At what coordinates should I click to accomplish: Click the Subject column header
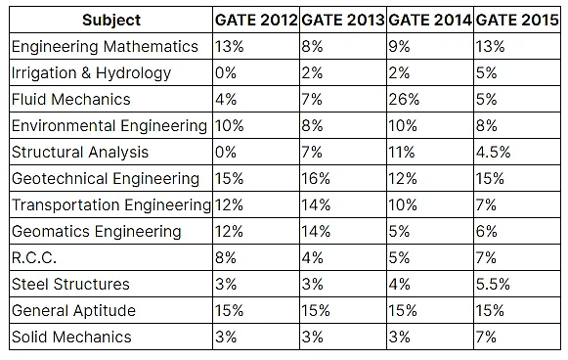point(110,20)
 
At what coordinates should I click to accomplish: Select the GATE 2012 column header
point(255,20)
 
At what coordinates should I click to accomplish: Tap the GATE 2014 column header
point(430,20)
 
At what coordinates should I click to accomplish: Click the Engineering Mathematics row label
point(104,46)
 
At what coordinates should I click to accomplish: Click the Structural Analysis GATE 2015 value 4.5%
point(495,152)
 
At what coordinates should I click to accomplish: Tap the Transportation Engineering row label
point(109,204)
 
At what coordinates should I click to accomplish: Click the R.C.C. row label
point(34,257)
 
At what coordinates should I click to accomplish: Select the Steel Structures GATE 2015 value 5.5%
point(495,284)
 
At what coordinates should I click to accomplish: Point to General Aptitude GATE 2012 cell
point(231,310)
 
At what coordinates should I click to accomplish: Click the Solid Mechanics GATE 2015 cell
point(487,337)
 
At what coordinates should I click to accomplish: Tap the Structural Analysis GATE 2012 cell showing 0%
point(227,152)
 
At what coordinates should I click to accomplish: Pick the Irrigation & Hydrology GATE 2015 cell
point(487,72)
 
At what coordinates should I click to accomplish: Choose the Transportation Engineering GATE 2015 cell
point(487,204)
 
